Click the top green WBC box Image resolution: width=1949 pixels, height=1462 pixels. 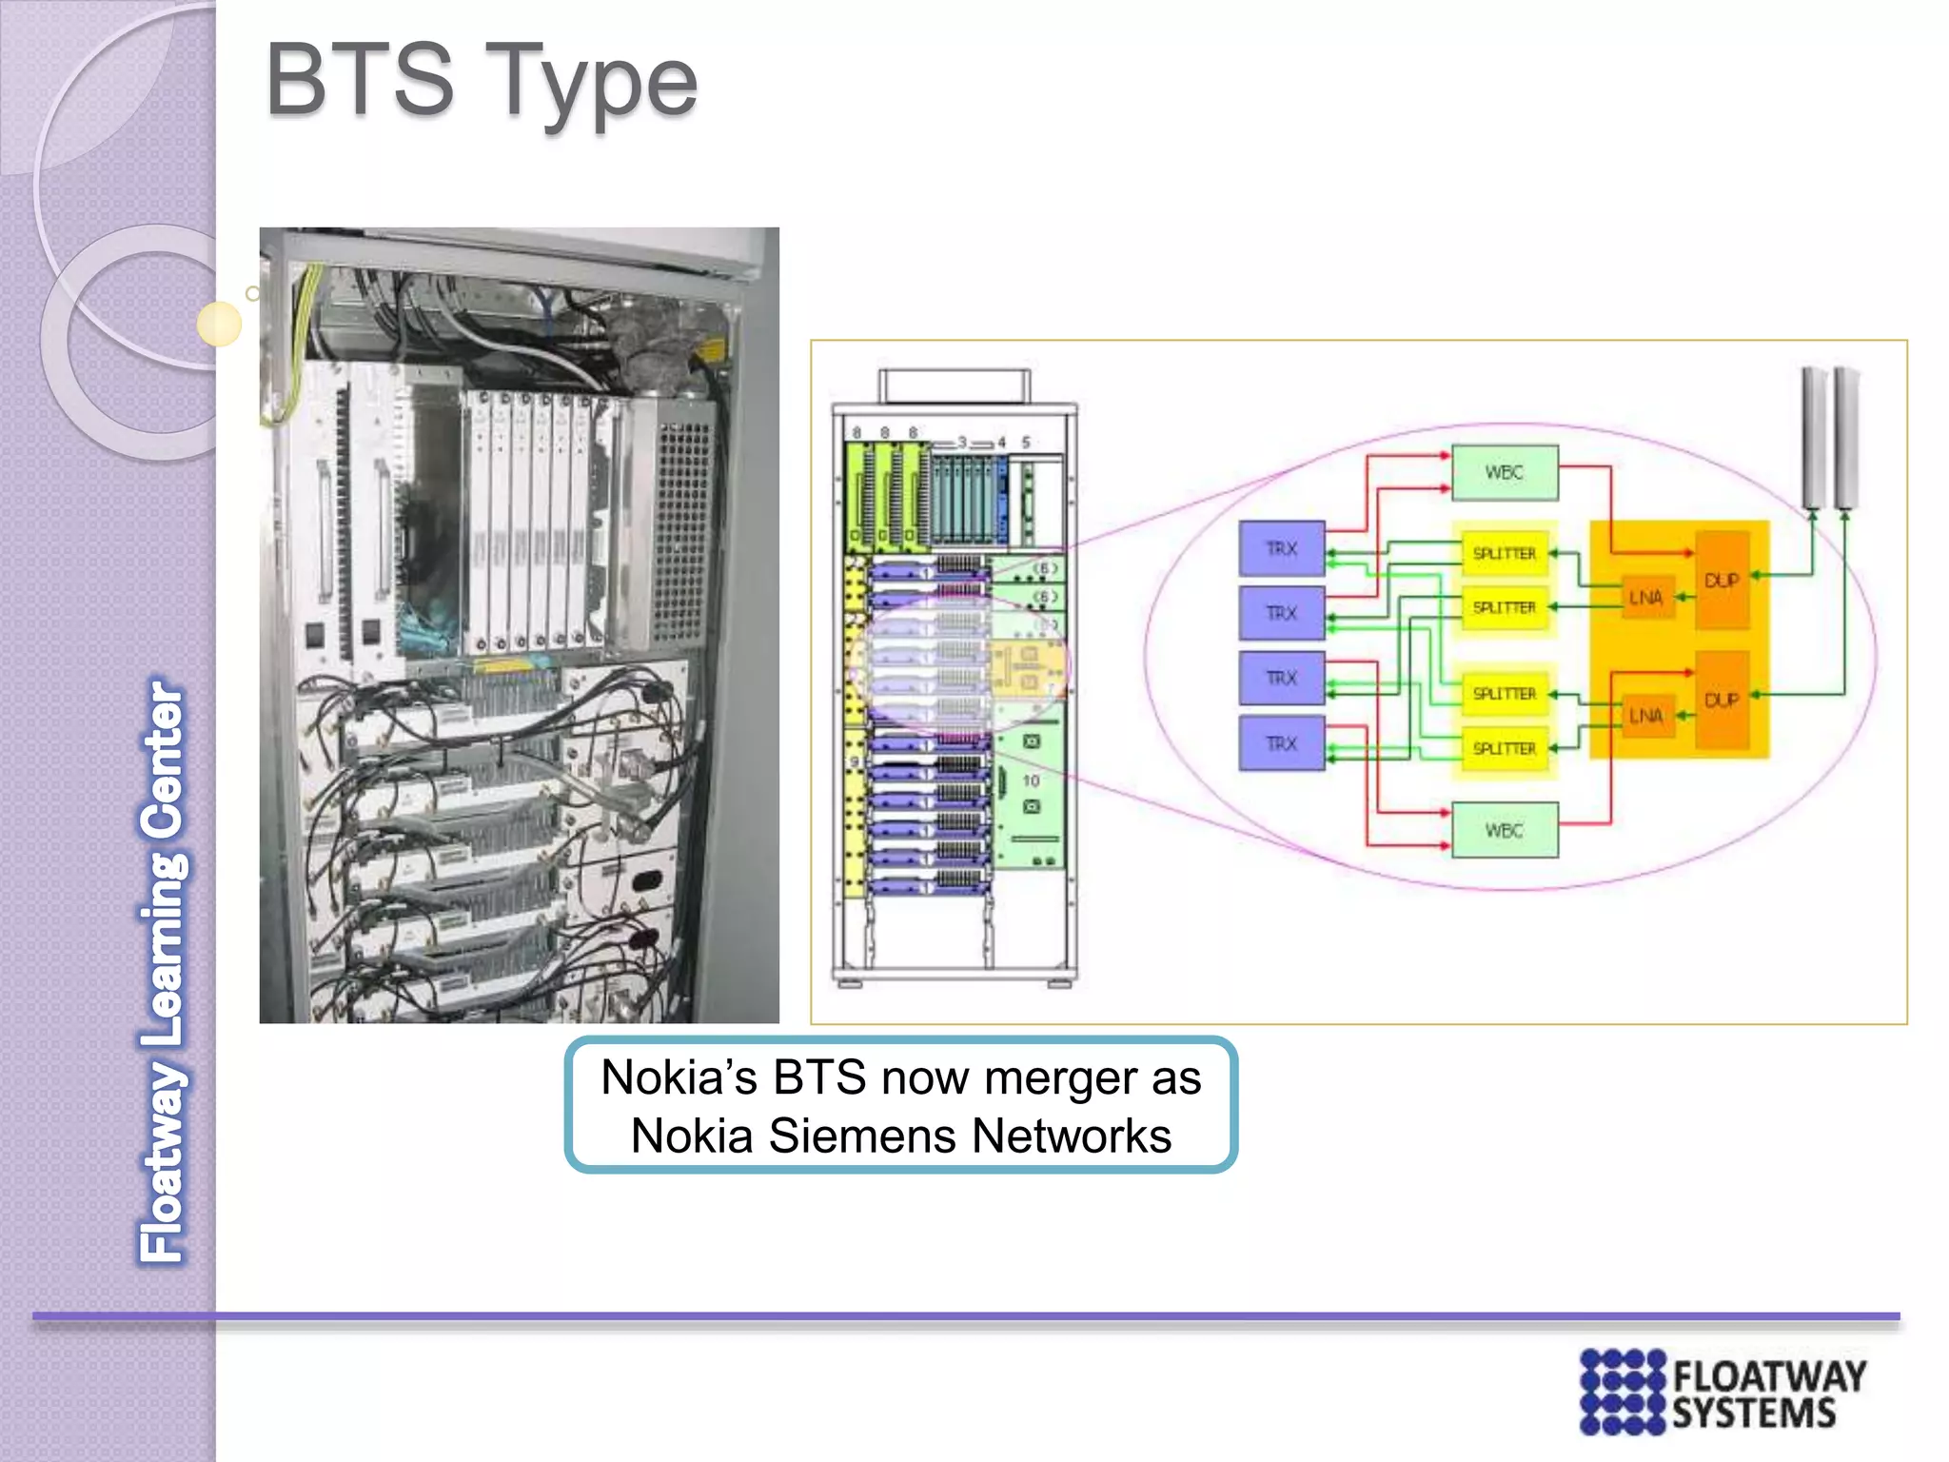(x=1504, y=473)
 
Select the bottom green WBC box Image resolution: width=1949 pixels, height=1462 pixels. (x=1504, y=831)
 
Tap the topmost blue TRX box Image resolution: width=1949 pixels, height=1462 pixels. (x=1281, y=548)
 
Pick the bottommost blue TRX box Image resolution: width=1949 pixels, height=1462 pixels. (x=1281, y=743)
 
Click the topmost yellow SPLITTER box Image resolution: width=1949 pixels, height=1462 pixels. (x=1504, y=553)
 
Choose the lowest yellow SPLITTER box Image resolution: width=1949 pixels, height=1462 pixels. (x=1504, y=749)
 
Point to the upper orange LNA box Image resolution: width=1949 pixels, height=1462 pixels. (x=1645, y=598)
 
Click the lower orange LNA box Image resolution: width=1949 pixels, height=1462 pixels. (x=1645, y=715)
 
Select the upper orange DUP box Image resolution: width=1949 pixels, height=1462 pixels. (x=1722, y=580)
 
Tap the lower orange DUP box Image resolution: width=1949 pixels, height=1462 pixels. (x=1722, y=700)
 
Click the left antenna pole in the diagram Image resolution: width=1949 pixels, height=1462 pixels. (x=1813, y=438)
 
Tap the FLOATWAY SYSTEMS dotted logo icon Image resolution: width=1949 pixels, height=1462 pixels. (x=1622, y=1392)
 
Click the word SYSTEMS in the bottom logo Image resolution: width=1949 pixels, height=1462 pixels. (x=1753, y=1414)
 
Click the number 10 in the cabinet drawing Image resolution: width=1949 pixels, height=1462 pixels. (x=1031, y=780)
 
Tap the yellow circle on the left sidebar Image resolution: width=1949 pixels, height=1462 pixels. (x=219, y=324)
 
